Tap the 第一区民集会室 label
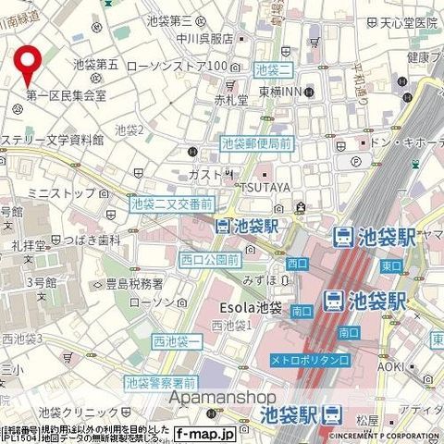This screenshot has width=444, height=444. point(65,94)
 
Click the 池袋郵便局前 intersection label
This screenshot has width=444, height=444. point(256,143)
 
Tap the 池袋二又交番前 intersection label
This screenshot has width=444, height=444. point(172,203)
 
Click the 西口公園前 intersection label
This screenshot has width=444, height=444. point(210,259)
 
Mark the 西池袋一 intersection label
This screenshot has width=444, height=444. point(177,343)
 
